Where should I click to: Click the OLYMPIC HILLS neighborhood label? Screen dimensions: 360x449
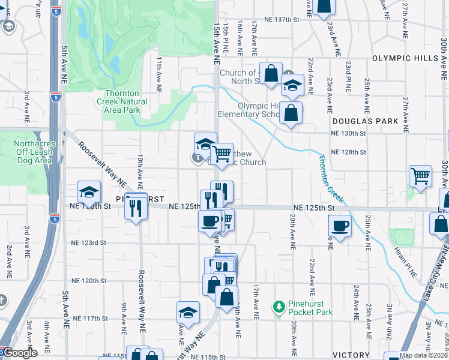click(409, 58)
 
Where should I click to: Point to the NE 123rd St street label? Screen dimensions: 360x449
click(90, 242)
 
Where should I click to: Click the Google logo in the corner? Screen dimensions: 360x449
click(19, 353)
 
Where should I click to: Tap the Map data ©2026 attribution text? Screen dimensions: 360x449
click(424, 356)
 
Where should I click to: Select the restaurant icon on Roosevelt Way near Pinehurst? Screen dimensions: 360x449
click(135, 208)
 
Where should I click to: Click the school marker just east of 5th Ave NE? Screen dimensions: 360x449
click(89, 193)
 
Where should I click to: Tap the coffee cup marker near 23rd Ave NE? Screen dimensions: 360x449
click(340, 226)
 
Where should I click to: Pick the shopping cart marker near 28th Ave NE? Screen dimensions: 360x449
click(420, 176)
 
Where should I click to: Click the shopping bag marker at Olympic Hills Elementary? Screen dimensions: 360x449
click(291, 113)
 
